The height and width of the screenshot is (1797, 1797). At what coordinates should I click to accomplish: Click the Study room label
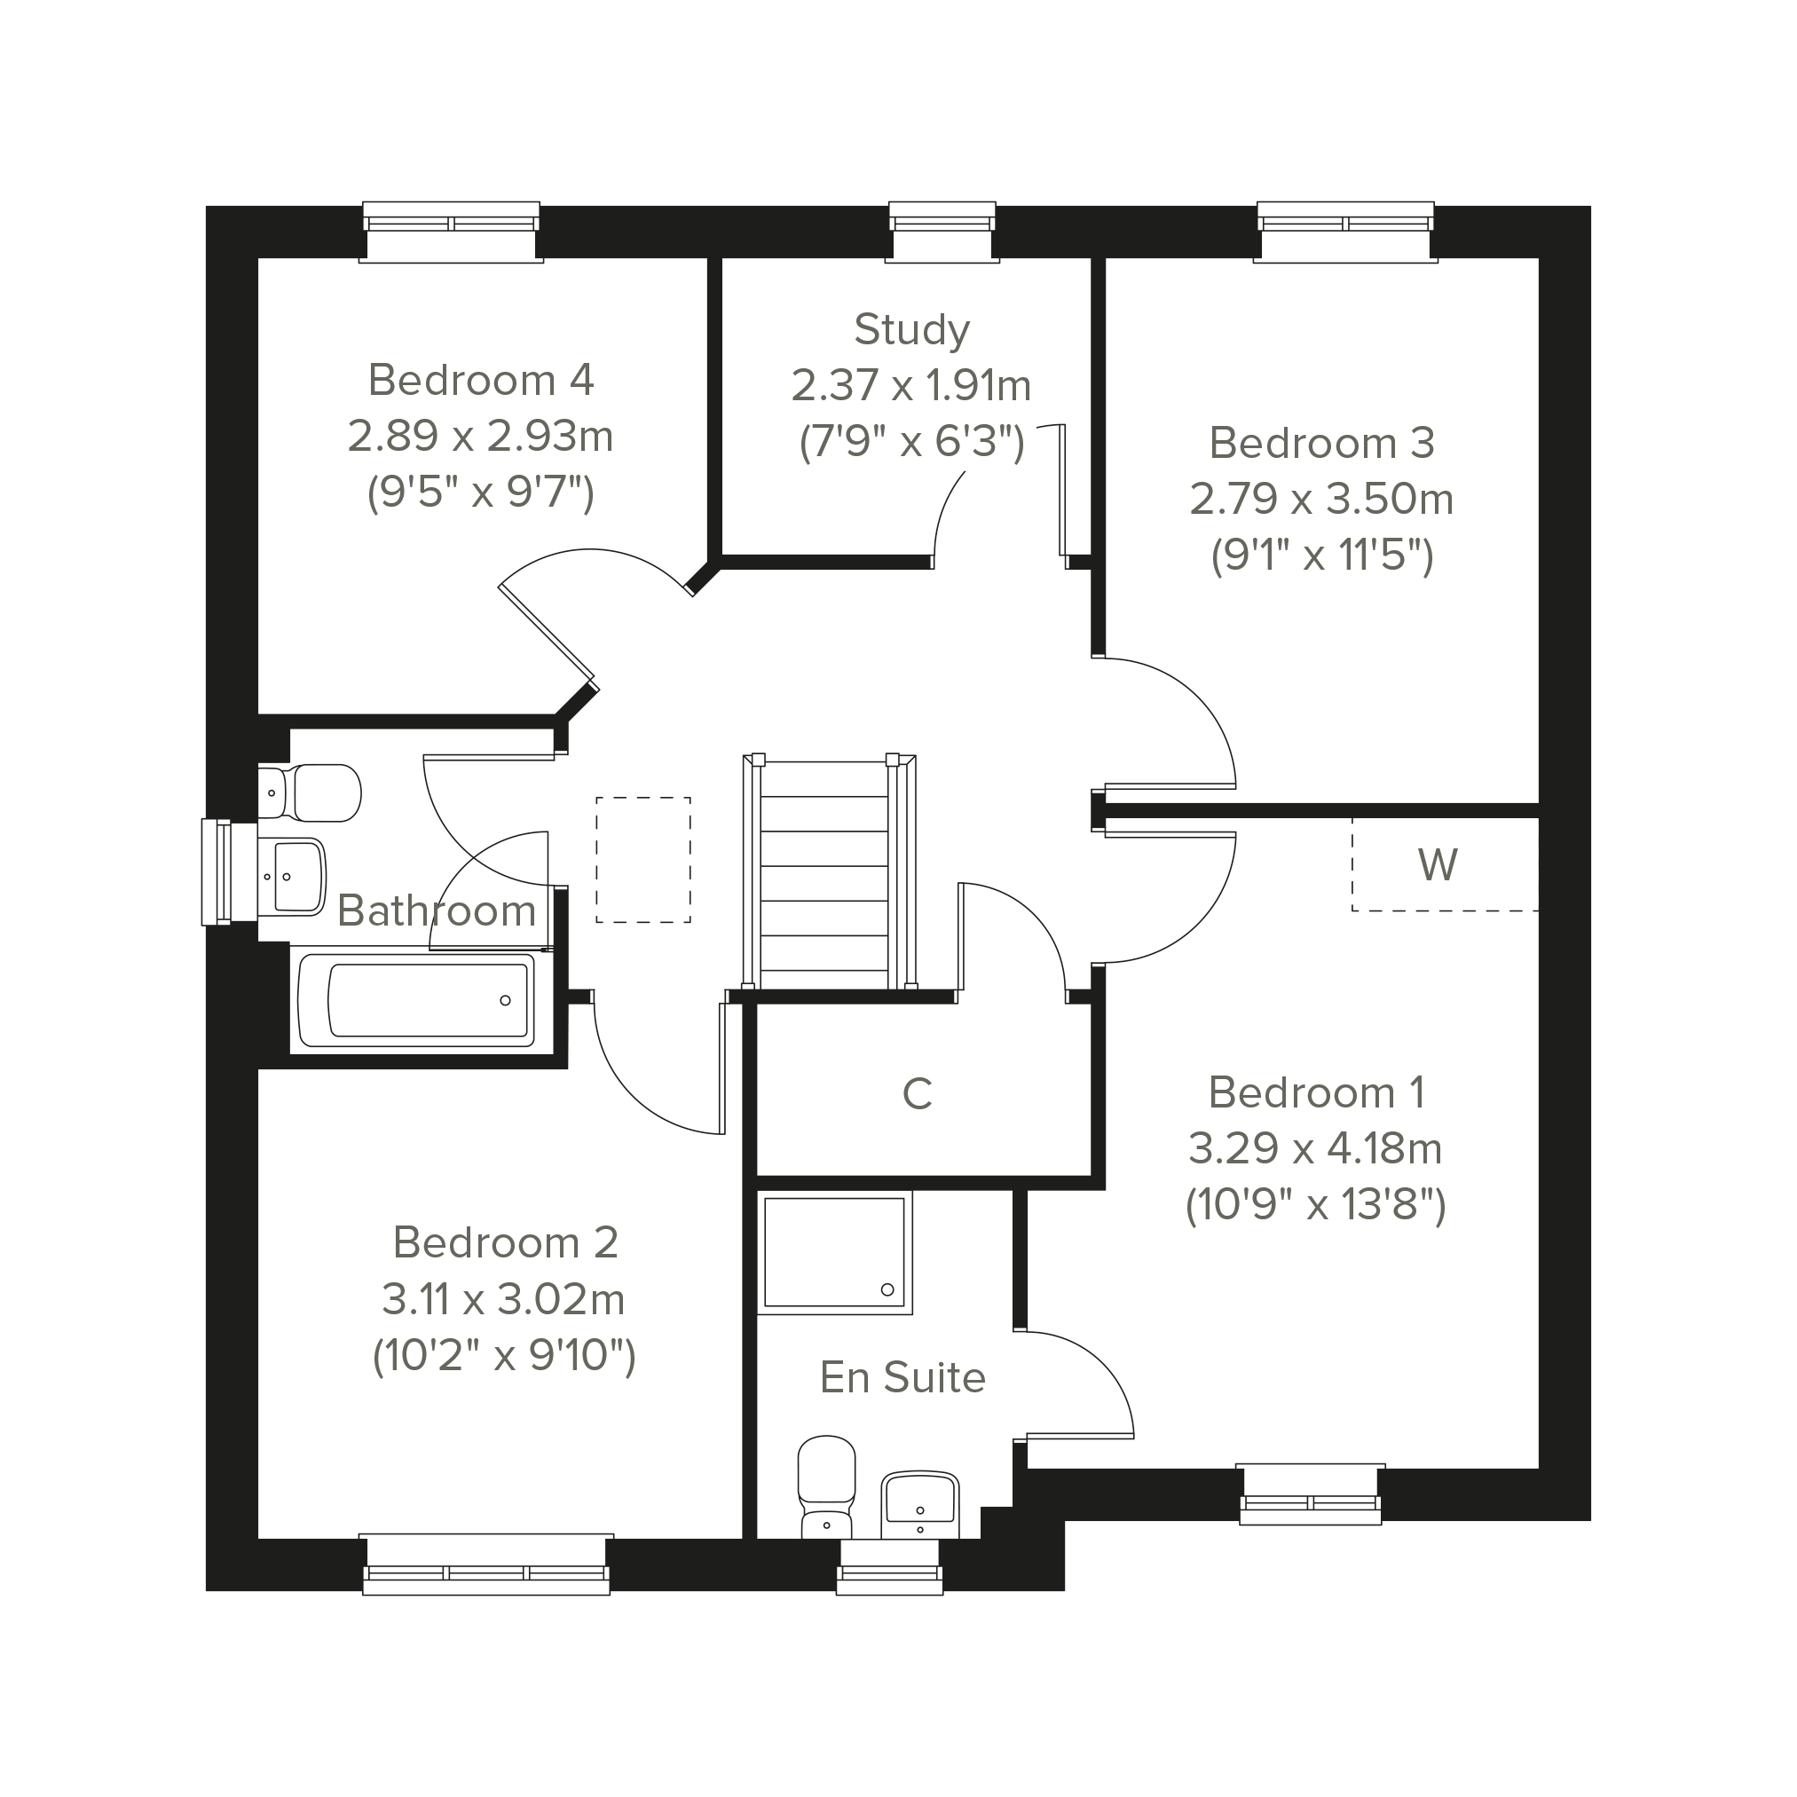pyautogui.click(x=911, y=330)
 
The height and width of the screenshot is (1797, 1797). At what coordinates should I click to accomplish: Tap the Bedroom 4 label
pyautogui.click(x=481, y=380)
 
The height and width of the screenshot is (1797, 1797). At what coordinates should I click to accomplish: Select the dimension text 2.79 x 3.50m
pyautogui.click(x=1320, y=499)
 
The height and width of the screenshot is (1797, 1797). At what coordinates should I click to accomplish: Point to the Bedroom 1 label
pyautogui.click(x=1316, y=1092)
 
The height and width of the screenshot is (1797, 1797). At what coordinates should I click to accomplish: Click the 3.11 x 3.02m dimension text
pyautogui.click(x=503, y=1299)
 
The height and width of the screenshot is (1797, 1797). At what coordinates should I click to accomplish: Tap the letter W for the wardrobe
pyautogui.click(x=1437, y=865)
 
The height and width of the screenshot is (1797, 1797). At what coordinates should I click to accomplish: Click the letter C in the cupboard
pyautogui.click(x=917, y=1094)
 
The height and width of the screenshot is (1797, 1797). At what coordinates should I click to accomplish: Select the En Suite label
pyautogui.click(x=902, y=1377)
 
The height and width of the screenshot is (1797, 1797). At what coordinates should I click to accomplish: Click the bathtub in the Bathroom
pyautogui.click(x=417, y=1000)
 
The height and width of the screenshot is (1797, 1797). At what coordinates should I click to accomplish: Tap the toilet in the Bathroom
pyautogui.click(x=309, y=792)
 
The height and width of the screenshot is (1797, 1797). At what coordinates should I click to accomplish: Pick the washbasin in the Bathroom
pyautogui.click(x=291, y=876)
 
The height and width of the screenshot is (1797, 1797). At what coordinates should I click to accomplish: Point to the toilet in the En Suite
pyautogui.click(x=826, y=1487)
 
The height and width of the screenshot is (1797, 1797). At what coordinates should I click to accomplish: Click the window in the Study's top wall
pyautogui.click(x=942, y=232)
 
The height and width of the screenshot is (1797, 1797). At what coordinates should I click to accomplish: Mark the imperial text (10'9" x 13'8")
pyautogui.click(x=1315, y=1205)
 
